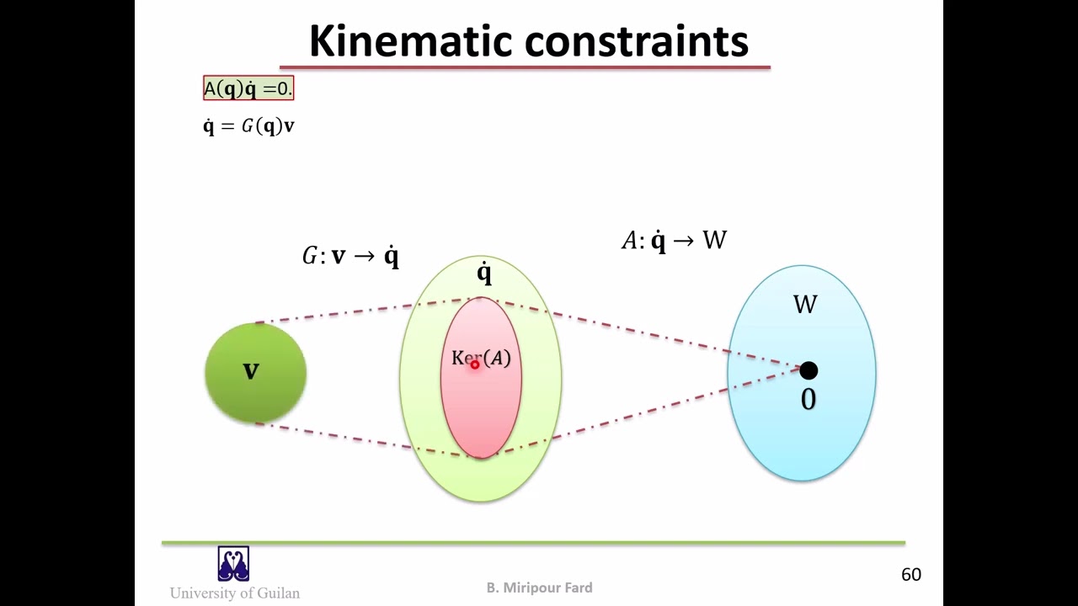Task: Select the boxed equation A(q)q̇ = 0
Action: coord(248,88)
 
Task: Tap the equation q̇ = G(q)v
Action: coord(248,126)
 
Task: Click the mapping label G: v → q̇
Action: coord(350,256)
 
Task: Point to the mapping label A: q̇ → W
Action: coord(674,241)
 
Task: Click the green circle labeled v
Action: coord(256,396)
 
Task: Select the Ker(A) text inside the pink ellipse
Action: coord(481,358)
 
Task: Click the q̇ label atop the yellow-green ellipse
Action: coord(483,273)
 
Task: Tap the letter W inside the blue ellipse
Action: coord(805,304)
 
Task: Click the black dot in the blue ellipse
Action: coord(808,370)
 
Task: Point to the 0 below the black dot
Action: coord(808,400)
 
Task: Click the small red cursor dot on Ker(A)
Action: coord(475,364)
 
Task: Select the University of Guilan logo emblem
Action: coord(233,564)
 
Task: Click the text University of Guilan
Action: coord(235,593)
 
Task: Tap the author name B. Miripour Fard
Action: coord(539,587)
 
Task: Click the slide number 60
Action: coord(911,575)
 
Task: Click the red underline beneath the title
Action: coord(525,66)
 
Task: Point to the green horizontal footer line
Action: coord(533,543)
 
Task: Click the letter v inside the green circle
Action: coord(251,371)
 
